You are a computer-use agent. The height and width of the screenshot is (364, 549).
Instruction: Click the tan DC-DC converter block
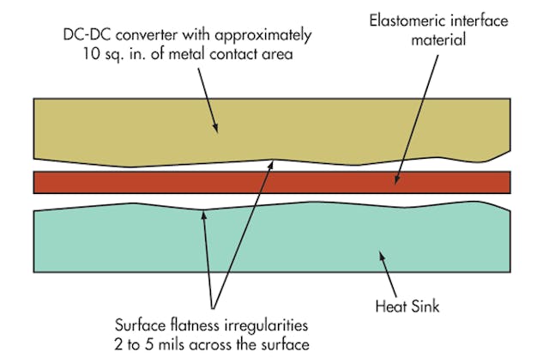[129, 129]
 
